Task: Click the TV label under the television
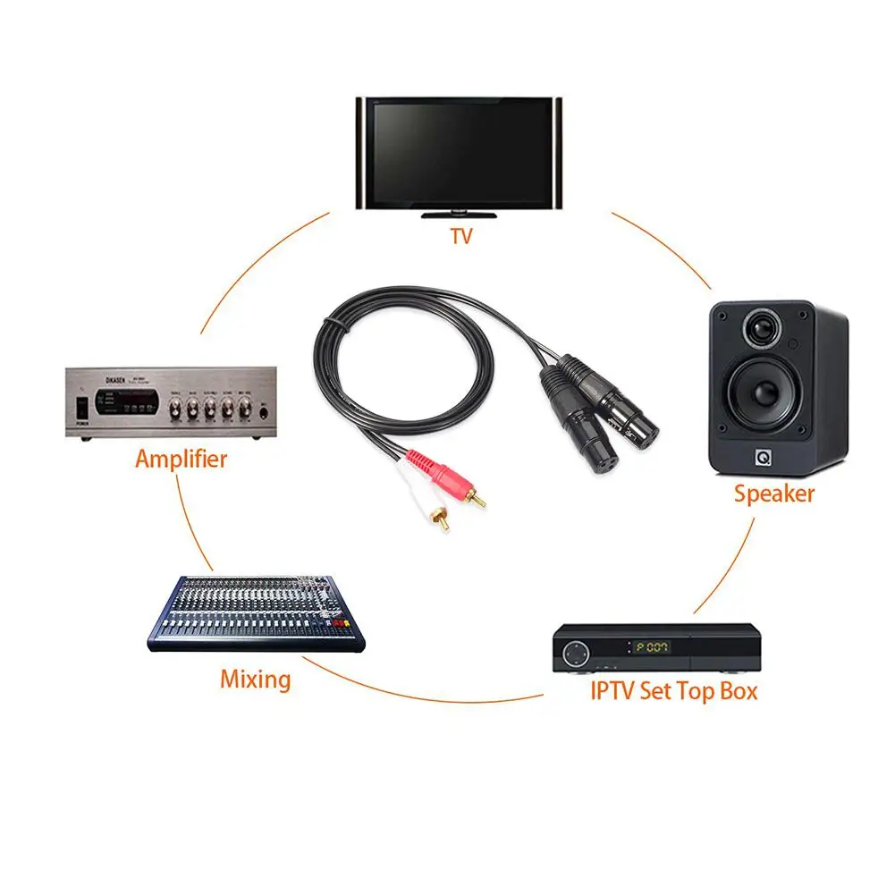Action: tap(460, 237)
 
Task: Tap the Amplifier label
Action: tap(181, 460)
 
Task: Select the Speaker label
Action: tap(774, 493)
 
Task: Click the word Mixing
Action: tap(255, 680)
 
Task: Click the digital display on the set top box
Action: tap(652, 646)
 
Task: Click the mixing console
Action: tap(255, 612)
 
